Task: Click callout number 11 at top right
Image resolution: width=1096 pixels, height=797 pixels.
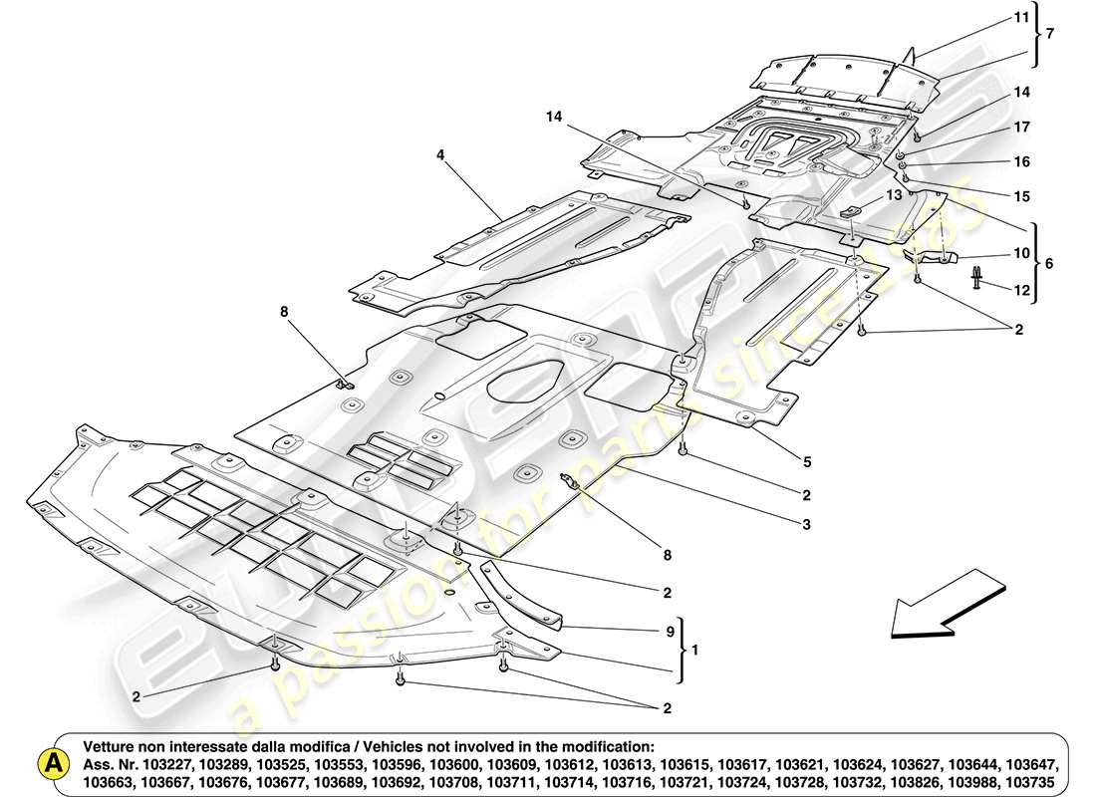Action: click(1021, 18)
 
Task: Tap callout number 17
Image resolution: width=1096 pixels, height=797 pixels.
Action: click(1022, 128)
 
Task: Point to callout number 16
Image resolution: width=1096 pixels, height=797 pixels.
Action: click(1022, 161)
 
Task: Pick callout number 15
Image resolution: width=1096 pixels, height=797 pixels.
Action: click(1022, 195)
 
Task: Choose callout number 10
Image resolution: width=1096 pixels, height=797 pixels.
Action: click(1022, 253)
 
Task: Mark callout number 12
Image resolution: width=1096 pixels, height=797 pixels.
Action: click(1022, 290)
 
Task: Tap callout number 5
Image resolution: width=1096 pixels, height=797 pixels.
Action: click(806, 461)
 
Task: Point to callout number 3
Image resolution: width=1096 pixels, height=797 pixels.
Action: click(806, 524)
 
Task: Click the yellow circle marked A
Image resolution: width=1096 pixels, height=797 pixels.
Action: click(50, 764)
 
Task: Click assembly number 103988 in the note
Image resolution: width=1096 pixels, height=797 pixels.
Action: click(959, 764)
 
